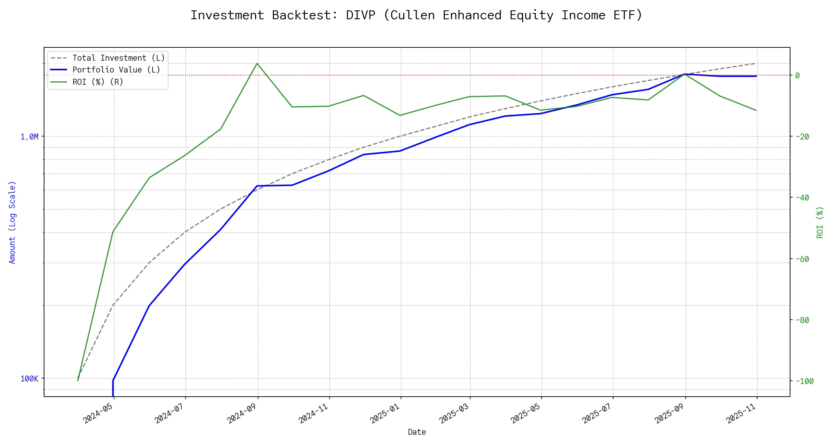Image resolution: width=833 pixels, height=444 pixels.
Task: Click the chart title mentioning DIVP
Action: point(416,16)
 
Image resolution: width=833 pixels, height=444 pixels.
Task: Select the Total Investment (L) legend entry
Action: point(118,58)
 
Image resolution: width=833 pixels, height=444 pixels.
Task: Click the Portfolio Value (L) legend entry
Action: point(116,70)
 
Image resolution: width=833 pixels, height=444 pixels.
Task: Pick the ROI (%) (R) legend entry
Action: point(98,82)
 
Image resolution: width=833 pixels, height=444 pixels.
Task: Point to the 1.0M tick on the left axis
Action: point(29,137)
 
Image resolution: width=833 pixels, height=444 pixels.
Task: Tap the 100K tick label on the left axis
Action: point(29,379)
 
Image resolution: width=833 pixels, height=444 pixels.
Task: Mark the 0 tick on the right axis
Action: point(797,75)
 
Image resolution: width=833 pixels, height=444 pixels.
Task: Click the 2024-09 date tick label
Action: point(242,413)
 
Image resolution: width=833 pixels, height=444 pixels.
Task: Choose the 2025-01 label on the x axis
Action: point(385,413)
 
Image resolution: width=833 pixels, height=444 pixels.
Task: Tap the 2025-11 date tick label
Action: point(742,413)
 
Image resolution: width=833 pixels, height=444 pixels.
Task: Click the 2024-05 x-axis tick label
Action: point(98,413)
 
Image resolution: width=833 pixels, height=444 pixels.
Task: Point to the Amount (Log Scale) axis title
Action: point(12,222)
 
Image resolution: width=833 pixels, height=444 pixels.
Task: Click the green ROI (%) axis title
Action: point(820,222)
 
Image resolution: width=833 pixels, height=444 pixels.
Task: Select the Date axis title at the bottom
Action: point(417,432)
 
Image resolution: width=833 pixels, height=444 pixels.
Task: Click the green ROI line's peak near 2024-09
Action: point(257,63)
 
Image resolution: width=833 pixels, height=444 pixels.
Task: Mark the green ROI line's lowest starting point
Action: point(78,381)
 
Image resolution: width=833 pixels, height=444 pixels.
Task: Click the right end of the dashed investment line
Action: point(756,63)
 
